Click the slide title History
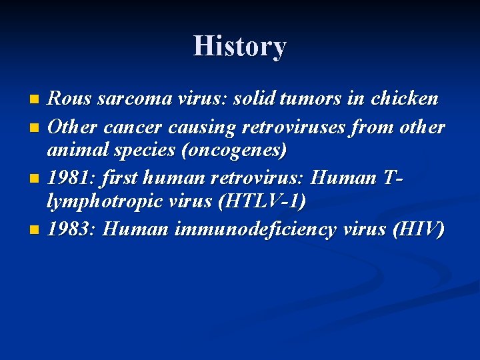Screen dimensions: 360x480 point(240,46)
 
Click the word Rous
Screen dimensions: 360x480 point(70,99)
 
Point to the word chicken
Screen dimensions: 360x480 point(405,99)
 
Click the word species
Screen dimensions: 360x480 point(149,150)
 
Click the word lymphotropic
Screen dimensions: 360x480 point(109,201)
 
